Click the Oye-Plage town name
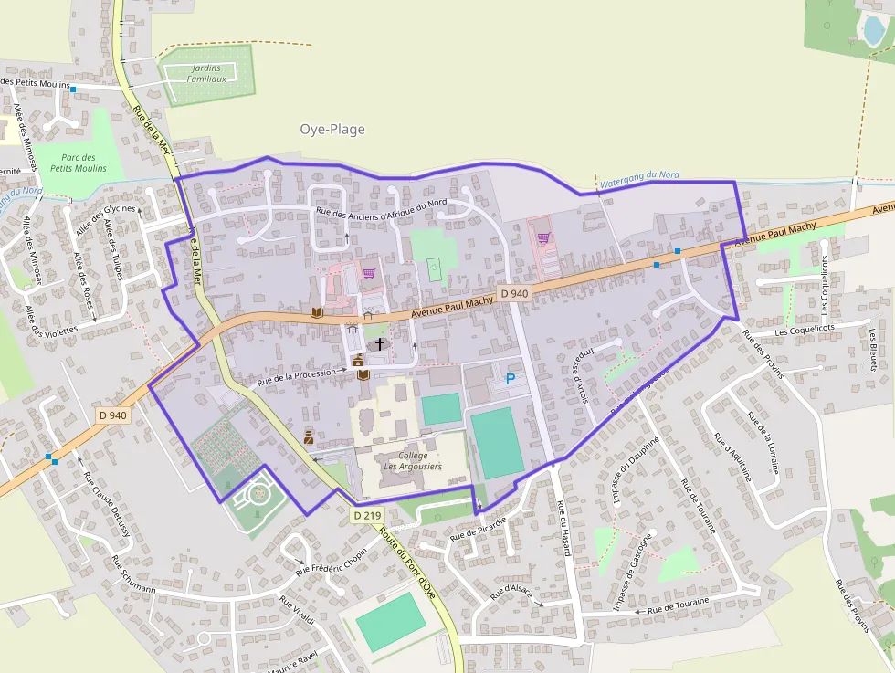332,130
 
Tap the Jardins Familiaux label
206,74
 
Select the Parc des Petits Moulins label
78,163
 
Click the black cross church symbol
379,344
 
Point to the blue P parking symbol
511,378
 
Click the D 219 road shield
366,516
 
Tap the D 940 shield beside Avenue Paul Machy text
514,294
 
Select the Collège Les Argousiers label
413,461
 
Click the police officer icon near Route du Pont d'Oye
309,436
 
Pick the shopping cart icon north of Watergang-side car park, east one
544,238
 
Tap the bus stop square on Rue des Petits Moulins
73,89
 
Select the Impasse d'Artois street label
579,371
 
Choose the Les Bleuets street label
872,350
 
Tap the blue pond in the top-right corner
874,31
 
